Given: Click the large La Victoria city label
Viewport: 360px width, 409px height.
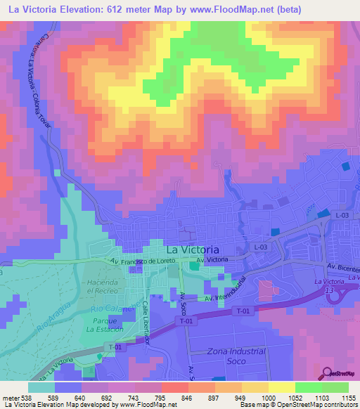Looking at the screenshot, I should [192, 249].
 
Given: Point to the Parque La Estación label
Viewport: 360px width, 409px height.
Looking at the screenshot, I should [105, 325].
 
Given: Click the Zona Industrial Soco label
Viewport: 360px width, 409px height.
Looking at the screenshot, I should [237, 356].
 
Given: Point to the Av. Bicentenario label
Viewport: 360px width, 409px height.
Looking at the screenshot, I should [342, 268].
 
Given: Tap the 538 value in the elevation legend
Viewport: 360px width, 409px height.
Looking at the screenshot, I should [22, 396].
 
